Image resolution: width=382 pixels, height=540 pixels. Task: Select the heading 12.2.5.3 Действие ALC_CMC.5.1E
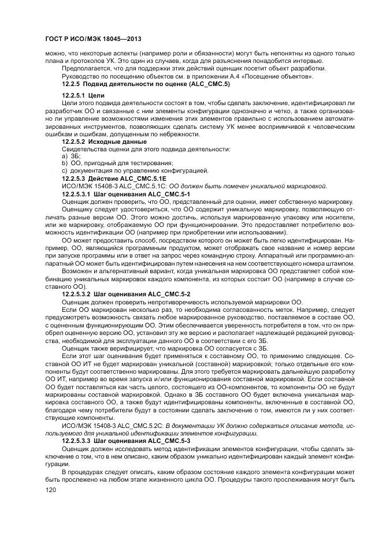[109, 178]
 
